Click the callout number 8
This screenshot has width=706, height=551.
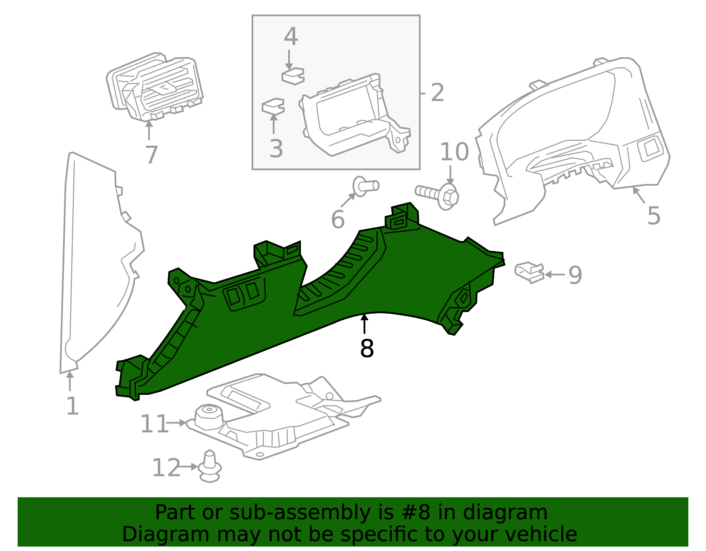point(367,349)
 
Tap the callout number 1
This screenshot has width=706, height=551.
point(72,406)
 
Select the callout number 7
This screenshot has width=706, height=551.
point(151,155)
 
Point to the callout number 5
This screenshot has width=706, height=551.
point(653,216)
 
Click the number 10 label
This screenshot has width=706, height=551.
point(454,152)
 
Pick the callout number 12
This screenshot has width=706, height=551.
point(166,468)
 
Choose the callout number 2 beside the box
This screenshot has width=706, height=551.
point(437,93)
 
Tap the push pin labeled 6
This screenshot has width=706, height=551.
point(365,186)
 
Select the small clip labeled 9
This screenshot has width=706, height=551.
point(529,272)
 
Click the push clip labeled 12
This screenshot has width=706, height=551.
point(210,467)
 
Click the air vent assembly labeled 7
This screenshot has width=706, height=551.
point(154,87)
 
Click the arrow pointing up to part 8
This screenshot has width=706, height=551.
point(364,324)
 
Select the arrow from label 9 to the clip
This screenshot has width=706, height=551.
point(555,275)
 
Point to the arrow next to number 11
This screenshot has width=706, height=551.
point(176,423)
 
